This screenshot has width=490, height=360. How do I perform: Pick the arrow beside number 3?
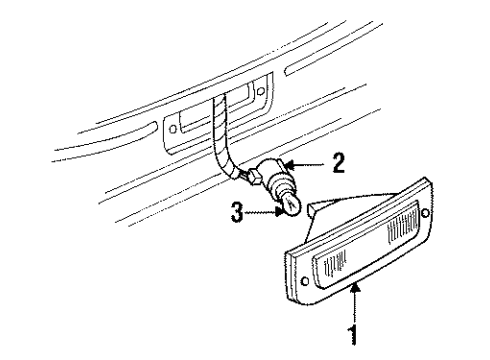[264, 211]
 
